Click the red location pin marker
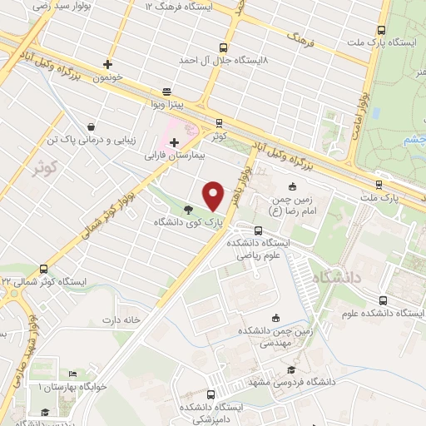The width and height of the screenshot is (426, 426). pos(215,196)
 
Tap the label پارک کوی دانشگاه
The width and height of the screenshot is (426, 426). pos(190,223)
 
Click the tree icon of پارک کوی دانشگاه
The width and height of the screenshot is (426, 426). pos(189,211)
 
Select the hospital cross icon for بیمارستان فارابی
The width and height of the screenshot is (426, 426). pos(173,142)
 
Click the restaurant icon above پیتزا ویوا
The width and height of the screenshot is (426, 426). pos(167,92)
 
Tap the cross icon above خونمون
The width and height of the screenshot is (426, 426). pos(107,63)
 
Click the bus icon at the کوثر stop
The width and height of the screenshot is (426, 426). pos(219,121)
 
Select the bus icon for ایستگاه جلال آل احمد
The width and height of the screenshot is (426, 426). pos(222,48)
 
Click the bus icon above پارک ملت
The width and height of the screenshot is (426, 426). pos(379,186)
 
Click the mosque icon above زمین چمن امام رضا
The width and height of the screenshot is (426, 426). pos(292,186)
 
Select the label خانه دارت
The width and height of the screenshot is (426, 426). pos(117,319)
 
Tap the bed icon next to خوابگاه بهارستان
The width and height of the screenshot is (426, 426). pos(72,374)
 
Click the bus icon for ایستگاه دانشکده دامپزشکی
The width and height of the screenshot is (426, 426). pos(211,395)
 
